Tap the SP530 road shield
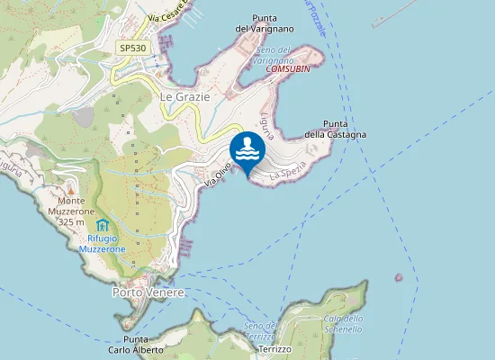click(131, 48)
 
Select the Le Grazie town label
click(184, 96)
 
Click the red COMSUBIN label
click(290, 68)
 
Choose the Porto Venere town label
click(148, 293)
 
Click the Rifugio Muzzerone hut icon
click(101, 223)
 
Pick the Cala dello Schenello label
click(343, 323)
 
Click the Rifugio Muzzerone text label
click(102, 242)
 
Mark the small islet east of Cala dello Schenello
click(399, 277)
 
